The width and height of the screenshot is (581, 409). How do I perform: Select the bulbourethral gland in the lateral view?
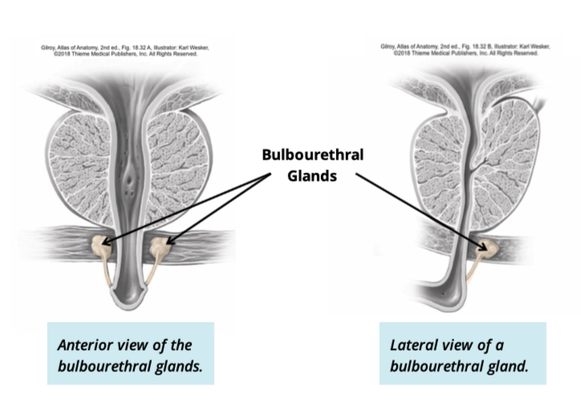point(489,249)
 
